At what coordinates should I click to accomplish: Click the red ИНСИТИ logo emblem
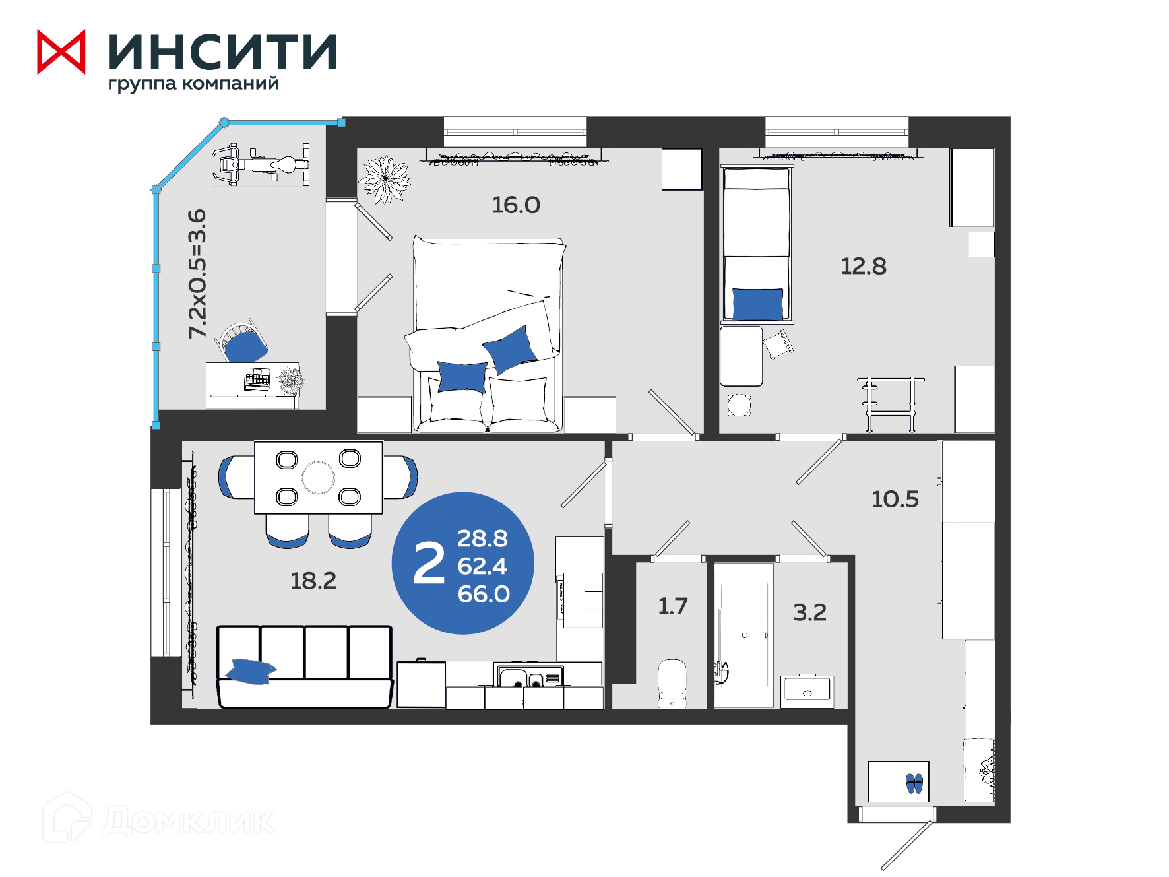pos(61,52)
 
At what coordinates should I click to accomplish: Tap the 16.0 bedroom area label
pos(516,205)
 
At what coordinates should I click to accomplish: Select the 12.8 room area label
pos(863,267)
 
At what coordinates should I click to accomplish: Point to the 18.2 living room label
pos(313,581)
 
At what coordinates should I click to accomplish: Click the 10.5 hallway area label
pos(895,500)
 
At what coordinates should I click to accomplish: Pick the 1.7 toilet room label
pos(673,606)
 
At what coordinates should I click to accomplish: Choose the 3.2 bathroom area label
pos(809,612)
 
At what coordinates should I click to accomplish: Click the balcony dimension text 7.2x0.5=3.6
pos(197,274)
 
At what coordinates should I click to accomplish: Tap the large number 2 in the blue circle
pos(429,563)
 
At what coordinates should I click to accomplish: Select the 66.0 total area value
pos(484,594)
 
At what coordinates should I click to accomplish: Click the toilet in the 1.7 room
pos(672,684)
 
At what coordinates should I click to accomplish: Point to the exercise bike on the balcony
pos(261,164)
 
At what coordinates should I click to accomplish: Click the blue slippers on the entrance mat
pos(914,783)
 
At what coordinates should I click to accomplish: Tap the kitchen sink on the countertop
pos(530,677)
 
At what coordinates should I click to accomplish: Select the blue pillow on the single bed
pos(758,304)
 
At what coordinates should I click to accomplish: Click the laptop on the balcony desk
pos(257,381)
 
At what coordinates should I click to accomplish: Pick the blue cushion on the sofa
pos(250,671)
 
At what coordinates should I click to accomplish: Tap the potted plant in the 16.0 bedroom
pos(384,179)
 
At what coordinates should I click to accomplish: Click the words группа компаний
pos(193,84)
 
